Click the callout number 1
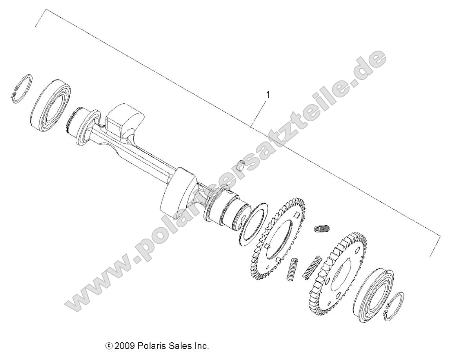point(268,95)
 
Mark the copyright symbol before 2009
point(109,346)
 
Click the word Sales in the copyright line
point(181,346)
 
